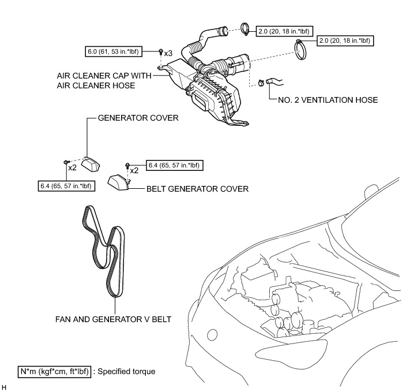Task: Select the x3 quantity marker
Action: tap(168, 53)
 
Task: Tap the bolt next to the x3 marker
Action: tap(160, 53)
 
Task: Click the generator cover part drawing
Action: tap(90, 164)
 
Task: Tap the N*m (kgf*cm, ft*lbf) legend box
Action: tap(54, 371)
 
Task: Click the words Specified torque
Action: tap(127, 371)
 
